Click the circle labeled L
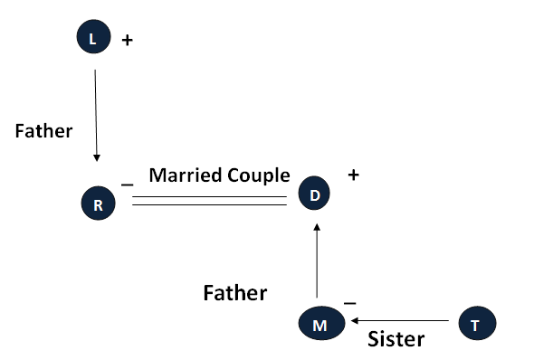[x=93, y=36]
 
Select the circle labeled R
[x=98, y=204]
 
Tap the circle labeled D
[x=314, y=193]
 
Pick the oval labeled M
[x=322, y=323]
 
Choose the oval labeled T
[x=478, y=323]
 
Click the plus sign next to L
[x=128, y=41]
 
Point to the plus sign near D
[x=354, y=175]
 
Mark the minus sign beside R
[x=127, y=185]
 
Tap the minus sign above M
[x=349, y=303]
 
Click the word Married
[x=186, y=175]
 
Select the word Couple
[x=259, y=175]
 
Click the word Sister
[x=396, y=339]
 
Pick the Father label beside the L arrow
[x=44, y=131]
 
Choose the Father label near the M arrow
[x=235, y=293]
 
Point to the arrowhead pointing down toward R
[x=97, y=158]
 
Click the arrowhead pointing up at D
[x=317, y=227]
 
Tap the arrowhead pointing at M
[x=355, y=320]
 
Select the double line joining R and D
[x=209, y=201]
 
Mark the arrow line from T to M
[x=400, y=320]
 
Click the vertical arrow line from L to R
[x=96, y=116]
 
